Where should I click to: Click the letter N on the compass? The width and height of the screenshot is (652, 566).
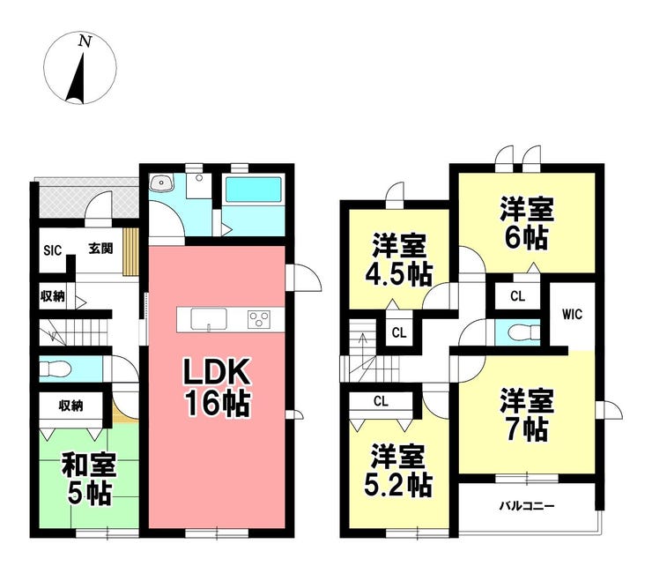click(85, 41)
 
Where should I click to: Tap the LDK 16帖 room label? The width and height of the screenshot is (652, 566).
click(218, 387)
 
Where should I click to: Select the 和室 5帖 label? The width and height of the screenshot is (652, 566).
click(89, 480)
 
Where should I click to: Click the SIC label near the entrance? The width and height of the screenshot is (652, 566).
click(53, 250)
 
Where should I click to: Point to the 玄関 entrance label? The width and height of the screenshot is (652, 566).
click(100, 249)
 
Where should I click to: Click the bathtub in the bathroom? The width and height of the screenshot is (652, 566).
click(253, 190)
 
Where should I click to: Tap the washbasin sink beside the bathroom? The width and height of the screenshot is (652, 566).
click(162, 183)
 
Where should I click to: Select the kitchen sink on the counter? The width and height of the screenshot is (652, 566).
click(209, 319)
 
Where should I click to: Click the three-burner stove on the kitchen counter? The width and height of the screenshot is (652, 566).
click(259, 320)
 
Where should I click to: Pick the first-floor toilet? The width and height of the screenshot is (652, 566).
click(56, 369)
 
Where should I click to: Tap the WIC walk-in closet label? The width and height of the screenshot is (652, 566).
click(572, 314)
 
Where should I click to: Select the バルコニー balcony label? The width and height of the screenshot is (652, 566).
click(527, 506)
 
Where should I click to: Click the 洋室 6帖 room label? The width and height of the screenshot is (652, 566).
click(527, 223)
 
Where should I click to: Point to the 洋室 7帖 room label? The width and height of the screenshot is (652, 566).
click(527, 415)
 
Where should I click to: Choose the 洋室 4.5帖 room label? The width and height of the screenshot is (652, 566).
click(399, 260)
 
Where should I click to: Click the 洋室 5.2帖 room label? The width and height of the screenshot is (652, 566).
click(398, 470)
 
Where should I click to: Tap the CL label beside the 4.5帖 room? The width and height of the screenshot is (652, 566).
click(399, 333)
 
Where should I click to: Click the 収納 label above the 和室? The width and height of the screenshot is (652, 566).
click(70, 406)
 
